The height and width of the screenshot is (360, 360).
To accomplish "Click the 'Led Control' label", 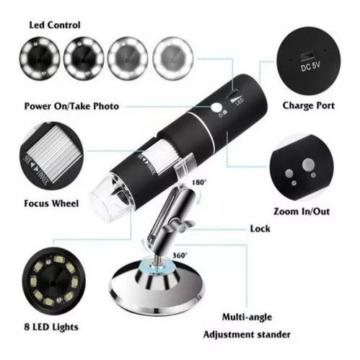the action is tap(55, 25).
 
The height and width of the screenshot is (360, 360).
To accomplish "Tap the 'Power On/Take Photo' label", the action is tap(71, 106).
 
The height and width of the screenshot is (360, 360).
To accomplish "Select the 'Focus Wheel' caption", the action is tap(51, 203).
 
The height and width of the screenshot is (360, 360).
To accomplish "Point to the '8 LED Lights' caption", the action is tap(51, 327).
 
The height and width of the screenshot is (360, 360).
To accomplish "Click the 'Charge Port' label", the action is tap(309, 105).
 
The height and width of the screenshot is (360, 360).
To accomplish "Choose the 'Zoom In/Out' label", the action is tap(302, 211).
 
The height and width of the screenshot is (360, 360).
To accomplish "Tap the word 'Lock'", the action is tap(260, 229).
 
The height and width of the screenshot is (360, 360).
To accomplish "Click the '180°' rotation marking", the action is tap(199, 183).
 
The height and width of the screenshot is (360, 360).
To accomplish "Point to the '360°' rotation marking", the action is tap(180, 255).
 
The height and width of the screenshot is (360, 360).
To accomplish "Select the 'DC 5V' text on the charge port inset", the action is tap(310, 66).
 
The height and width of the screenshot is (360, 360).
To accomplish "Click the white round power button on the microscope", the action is tap(216, 107).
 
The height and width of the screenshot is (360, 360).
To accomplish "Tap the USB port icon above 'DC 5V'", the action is tap(307, 56).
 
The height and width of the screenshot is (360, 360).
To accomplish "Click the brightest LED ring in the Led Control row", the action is tap(173, 57).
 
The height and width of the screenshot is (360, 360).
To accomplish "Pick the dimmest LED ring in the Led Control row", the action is tap(40, 58).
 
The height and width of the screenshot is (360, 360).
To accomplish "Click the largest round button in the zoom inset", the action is tap(308, 164).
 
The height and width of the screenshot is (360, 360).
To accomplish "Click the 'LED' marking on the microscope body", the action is tap(240, 102).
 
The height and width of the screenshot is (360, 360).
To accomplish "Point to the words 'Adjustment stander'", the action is tap(247, 335).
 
